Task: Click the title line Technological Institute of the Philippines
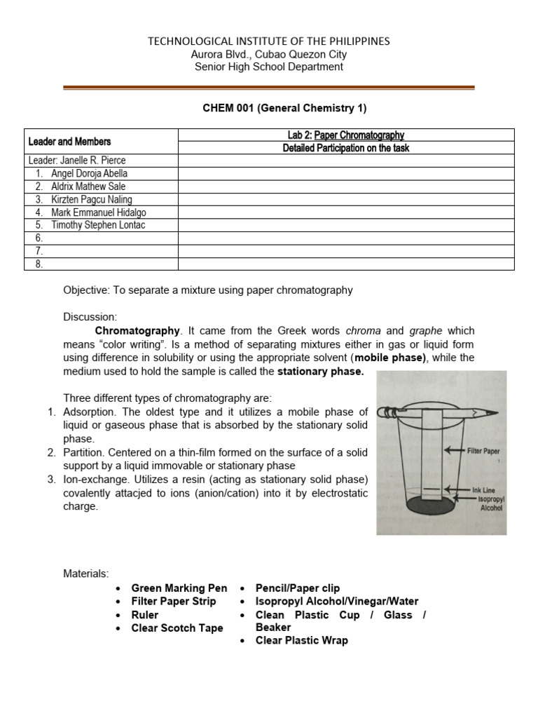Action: click(269, 41)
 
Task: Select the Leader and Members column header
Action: click(69, 141)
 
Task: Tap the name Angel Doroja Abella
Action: click(89, 173)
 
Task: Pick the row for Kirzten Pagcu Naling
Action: click(91, 199)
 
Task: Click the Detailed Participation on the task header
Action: click(346, 148)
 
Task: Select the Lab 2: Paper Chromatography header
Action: click(346, 135)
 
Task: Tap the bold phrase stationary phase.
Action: click(321, 372)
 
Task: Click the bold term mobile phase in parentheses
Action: click(390, 358)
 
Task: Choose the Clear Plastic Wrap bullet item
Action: click(301, 640)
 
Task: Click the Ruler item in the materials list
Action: click(145, 615)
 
